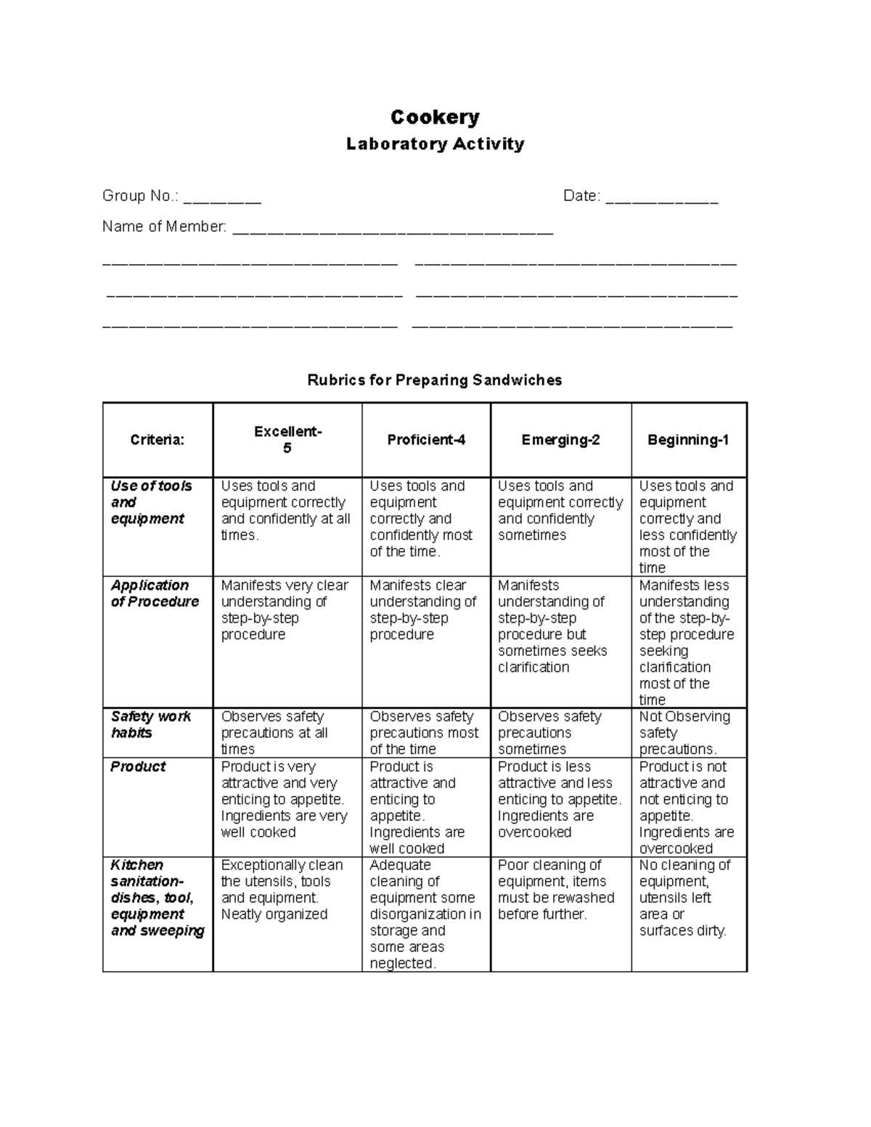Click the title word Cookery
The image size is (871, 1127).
[x=435, y=117]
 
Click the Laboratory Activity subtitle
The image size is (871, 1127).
[x=435, y=144]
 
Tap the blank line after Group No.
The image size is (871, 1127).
[x=222, y=197]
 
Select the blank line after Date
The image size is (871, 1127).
[x=661, y=197]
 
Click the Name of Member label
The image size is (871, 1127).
[x=164, y=226]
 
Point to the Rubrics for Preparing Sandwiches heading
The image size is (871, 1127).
[x=435, y=380]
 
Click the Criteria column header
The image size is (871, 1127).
[x=157, y=440]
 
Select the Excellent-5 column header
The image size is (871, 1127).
[x=287, y=440]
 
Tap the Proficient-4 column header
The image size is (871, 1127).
[x=426, y=440]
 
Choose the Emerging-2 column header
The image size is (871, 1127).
[x=560, y=440]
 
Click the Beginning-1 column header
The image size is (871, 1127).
[x=688, y=440]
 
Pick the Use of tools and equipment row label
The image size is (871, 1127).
[x=151, y=502]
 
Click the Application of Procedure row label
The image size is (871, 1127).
[x=155, y=594]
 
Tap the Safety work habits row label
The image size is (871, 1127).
[x=150, y=724]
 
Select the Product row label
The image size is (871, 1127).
[x=138, y=767]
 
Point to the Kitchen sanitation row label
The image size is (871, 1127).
[x=157, y=898]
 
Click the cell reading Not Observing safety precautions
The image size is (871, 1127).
[x=684, y=732]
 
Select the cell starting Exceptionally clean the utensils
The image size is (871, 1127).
[x=282, y=890]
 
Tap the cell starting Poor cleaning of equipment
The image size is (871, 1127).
[x=556, y=890]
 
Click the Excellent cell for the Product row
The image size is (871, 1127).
[x=284, y=800]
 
